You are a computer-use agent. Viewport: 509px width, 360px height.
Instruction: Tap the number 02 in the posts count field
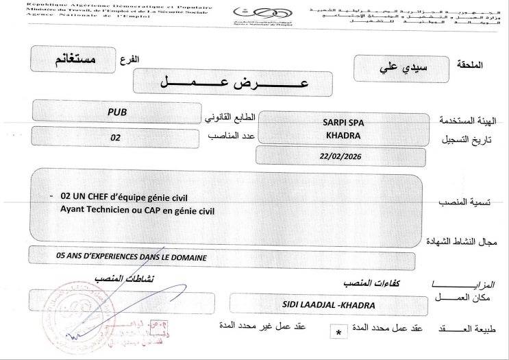[114, 137]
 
